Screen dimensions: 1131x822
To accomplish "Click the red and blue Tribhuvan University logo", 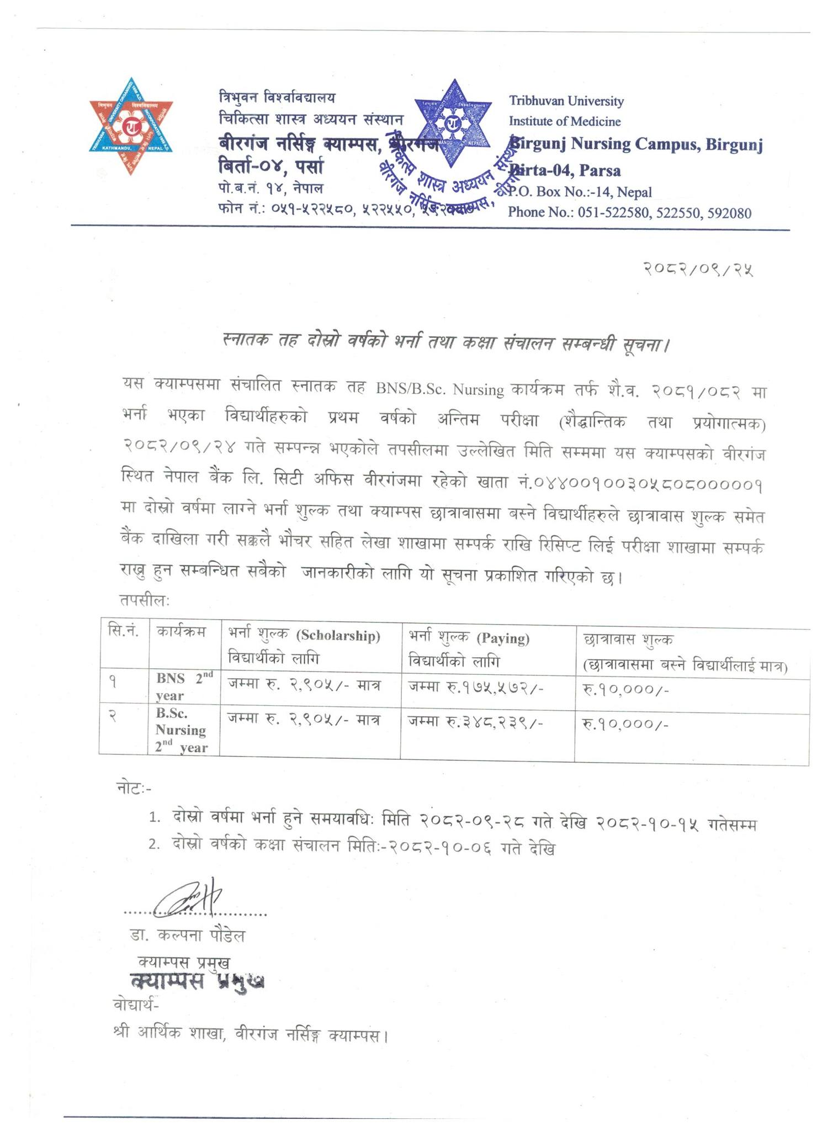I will pyautogui.click(x=131, y=126).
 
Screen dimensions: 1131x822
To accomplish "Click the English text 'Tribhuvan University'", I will pyautogui.click(x=566, y=101).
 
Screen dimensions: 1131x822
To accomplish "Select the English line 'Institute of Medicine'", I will pyautogui.click(x=564, y=121).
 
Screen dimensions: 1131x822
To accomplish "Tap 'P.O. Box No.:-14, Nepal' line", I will pyautogui.click(x=580, y=192).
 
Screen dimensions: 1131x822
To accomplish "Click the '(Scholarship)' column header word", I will pyautogui.click(x=338, y=636).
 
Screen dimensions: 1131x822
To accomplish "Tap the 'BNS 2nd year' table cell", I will pyautogui.click(x=184, y=686).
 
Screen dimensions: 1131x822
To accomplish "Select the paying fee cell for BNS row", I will pyautogui.click(x=476, y=686).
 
